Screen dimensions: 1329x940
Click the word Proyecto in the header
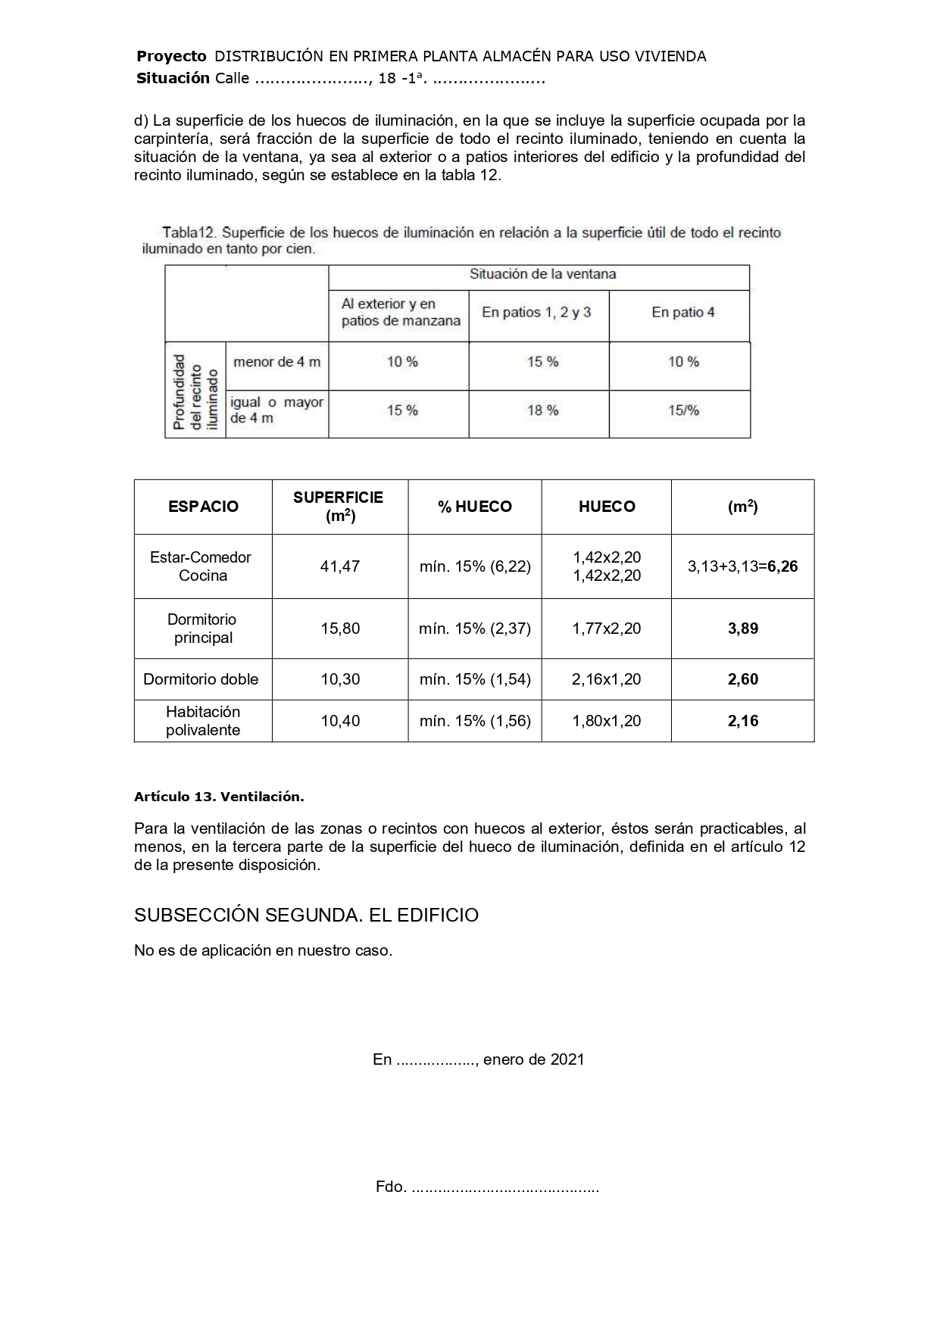coord(171,56)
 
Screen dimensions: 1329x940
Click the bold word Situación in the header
coord(173,78)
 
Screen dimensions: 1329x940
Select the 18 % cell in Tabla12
coord(542,410)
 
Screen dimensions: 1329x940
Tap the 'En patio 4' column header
coord(682,312)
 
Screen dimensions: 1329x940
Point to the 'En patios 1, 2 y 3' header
coord(536,312)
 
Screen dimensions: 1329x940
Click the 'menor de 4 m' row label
coord(276,362)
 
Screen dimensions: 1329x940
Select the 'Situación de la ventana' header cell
coord(542,274)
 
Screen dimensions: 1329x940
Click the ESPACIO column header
coord(203,507)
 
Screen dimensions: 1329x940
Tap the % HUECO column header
coord(475,507)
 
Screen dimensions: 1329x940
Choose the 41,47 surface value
coord(340,566)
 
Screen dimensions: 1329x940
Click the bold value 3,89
coord(743,629)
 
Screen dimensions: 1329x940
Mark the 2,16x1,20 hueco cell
coord(606,679)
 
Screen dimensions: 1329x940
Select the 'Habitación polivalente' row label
coord(203,721)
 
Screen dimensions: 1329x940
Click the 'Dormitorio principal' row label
coord(203,629)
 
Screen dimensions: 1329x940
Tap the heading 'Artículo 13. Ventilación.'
coord(219,797)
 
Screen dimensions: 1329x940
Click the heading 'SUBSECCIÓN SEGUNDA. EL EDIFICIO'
coord(306,915)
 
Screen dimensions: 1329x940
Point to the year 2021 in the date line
coord(567,1059)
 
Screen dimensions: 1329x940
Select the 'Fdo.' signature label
coord(391,1187)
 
